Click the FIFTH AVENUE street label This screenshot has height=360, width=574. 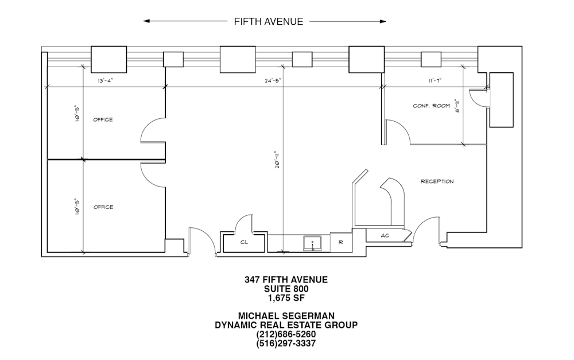(x=269, y=22)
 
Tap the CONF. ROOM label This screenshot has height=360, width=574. (x=432, y=106)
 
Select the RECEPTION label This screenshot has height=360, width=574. (x=437, y=181)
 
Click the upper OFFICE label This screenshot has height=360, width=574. (x=103, y=120)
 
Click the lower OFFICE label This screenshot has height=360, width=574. (x=103, y=207)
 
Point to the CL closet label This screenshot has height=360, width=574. (x=244, y=242)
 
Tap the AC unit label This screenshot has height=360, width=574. (x=385, y=235)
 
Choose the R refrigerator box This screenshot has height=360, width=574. (x=341, y=242)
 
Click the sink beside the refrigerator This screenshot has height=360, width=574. (x=312, y=243)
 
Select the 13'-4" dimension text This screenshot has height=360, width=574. (x=106, y=80)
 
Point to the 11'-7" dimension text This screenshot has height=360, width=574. (x=435, y=80)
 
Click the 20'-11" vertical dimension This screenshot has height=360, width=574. (x=278, y=160)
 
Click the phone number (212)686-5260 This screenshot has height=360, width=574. (x=286, y=334)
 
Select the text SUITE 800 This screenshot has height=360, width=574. (x=286, y=289)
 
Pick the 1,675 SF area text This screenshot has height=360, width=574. (x=286, y=298)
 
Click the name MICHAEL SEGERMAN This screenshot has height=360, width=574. (x=286, y=316)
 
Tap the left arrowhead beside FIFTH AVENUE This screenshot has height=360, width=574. (x=146, y=21)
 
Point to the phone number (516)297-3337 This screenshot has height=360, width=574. (x=286, y=343)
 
